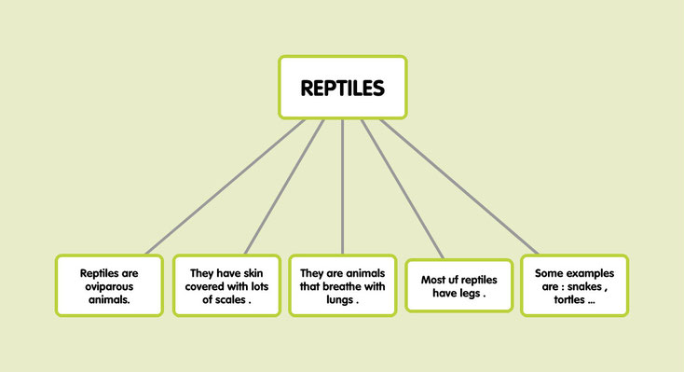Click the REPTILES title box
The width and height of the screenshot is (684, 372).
342,88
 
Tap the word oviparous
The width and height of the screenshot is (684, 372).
109,286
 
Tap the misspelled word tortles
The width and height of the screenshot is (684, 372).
568,300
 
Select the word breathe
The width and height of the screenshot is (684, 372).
347,286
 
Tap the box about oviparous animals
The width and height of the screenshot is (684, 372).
109,285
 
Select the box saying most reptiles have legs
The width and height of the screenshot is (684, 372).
458,286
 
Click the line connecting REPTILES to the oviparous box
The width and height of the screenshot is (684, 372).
224,186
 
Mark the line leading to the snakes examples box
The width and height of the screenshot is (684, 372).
457,186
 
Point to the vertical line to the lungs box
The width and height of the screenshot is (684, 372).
342,186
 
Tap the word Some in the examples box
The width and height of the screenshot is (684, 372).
551,272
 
